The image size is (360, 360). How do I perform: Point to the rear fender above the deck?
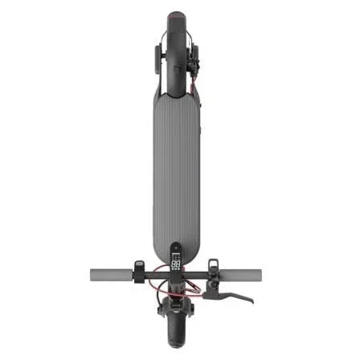177,32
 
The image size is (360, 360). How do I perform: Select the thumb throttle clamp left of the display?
140,268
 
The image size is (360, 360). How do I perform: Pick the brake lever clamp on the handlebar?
212,268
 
